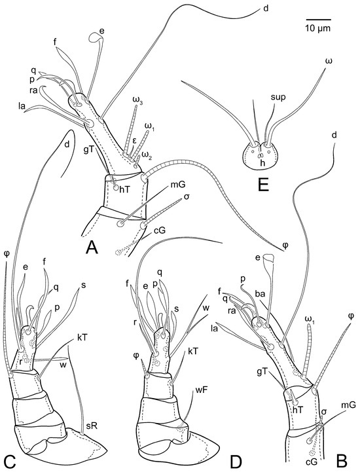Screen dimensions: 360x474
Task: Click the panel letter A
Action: [x=92, y=248]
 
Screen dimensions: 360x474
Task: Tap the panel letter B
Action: [x=342, y=461]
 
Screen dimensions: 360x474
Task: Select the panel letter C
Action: [x=9, y=461]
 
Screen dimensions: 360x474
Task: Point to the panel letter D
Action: [x=236, y=461]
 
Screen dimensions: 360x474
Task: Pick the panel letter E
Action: [x=263, y=185]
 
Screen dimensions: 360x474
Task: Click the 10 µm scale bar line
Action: [x=317, y=20]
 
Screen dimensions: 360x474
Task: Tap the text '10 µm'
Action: [x=317, y=28]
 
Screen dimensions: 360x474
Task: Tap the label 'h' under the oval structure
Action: [x=259, y=162]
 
